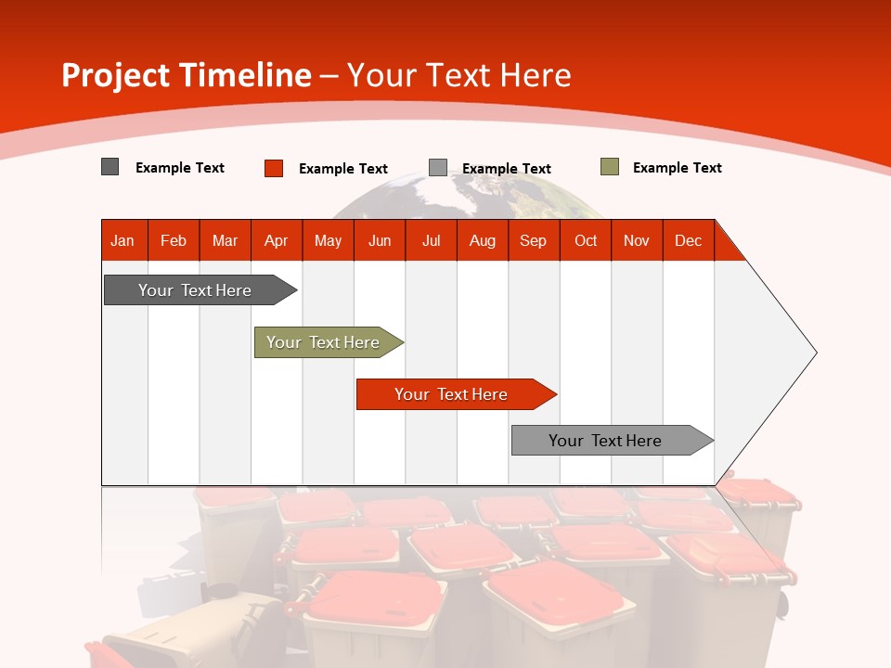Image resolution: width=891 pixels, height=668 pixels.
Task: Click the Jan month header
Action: [x=123, y=240]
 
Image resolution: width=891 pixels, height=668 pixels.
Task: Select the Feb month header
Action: [x=174, y=240]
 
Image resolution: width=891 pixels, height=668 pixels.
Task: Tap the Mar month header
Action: [x=225, y=240]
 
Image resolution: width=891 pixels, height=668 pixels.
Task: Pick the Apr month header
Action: [x=277, y=240]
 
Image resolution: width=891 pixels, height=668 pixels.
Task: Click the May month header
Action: [x=328, y=240]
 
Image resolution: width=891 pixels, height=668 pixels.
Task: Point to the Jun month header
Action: [x=380, y=240]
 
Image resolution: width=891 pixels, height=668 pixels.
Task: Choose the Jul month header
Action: [x=431, y=240]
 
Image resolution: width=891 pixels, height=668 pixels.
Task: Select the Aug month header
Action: [x=483, y=240]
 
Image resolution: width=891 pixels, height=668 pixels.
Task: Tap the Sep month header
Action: [x=534, y=240]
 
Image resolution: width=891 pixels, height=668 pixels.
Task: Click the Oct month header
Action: [x=586, y=240]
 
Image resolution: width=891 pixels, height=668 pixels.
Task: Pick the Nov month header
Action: [x=637, y=240]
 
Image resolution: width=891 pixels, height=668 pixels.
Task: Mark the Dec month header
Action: [x=689, y=240]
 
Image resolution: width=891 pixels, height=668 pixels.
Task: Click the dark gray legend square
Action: [x=110, y=167]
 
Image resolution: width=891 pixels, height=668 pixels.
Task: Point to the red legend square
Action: [x=274, y=168]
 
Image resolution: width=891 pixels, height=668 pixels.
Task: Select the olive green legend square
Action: [x=610, y=167]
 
